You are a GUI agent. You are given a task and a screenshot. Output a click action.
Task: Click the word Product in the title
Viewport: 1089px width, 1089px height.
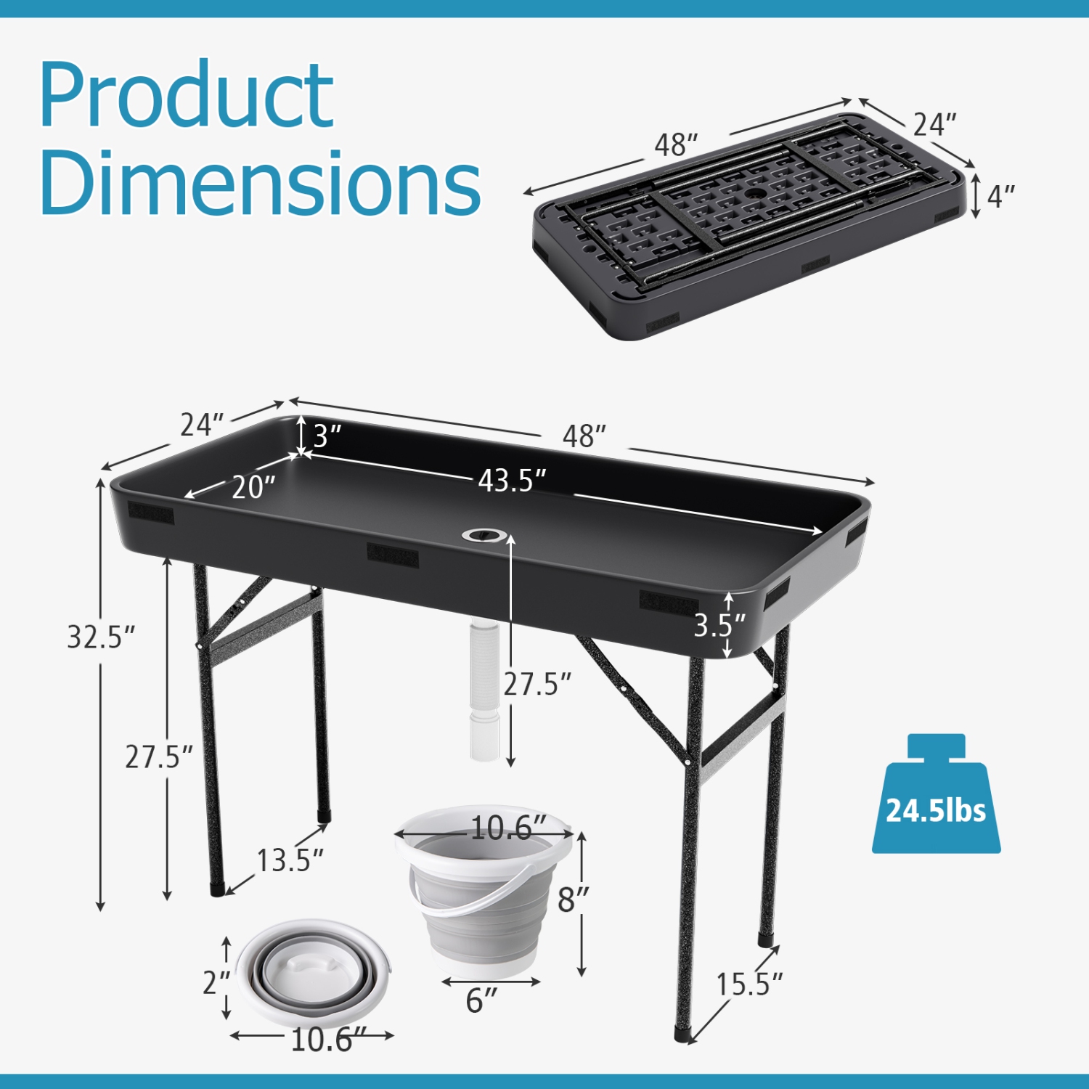coord(187,97)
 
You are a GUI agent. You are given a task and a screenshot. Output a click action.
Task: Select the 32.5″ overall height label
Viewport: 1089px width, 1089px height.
coord(101,637)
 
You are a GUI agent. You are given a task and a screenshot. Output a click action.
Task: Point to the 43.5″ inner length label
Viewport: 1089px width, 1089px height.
coord(512,481)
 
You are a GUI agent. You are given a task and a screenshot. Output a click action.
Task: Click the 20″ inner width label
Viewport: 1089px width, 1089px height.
coord(253,487)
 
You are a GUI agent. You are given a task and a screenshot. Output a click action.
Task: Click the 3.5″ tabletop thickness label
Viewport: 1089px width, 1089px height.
coord(719,625)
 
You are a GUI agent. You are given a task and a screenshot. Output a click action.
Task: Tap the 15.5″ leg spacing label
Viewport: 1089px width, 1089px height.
coord(749,984)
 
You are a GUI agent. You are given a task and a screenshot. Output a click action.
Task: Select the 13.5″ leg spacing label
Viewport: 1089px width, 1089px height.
coord(290,860)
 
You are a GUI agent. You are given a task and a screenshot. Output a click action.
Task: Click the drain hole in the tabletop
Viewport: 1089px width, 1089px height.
coord(484,536)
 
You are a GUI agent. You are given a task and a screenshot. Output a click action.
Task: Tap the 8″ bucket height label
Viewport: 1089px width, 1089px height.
coord(572,900)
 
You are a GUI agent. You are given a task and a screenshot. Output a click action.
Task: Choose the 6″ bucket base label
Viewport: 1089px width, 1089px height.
coord(481,1000)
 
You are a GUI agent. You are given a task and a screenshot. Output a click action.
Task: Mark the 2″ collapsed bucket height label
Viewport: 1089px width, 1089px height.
coord(216,983)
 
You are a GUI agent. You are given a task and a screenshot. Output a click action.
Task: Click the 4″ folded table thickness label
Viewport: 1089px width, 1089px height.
coord(1000,196)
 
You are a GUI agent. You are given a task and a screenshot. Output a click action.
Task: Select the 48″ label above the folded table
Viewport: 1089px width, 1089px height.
coord(675,145)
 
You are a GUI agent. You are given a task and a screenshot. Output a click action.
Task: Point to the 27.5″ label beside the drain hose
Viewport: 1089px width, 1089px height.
coord(537,684)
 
